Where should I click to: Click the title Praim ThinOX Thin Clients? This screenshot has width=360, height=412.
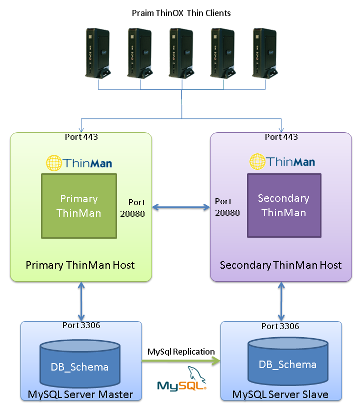click(x=181, y=13)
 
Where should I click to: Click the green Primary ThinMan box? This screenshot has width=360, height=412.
click(x=79, y=205)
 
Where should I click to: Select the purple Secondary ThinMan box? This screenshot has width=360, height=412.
click(x=284, y=205)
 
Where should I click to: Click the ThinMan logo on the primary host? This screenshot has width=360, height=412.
click(x=79, y=163)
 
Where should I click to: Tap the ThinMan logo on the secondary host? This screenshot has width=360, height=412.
click(x=282, y=161)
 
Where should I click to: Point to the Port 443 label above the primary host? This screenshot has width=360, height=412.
click(x=81, y=137)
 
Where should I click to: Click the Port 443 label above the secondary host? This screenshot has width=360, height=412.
click(x=281, y=137)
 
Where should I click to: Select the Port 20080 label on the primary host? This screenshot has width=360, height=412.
click(x=132, y=208)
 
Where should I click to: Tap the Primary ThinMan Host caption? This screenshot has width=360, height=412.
click(x=80, y=265)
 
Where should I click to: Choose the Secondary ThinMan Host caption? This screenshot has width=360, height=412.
click(x=281, y=265)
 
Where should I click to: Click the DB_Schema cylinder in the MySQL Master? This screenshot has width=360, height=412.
click(x=80, y=366)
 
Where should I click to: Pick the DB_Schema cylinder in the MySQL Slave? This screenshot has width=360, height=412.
click(x=287, y=363)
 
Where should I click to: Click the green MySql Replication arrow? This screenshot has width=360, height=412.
click(x=181, y=363)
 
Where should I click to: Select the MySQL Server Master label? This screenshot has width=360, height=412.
click(x=80, y=395)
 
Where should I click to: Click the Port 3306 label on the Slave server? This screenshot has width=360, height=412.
click(x=280, y=326)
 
